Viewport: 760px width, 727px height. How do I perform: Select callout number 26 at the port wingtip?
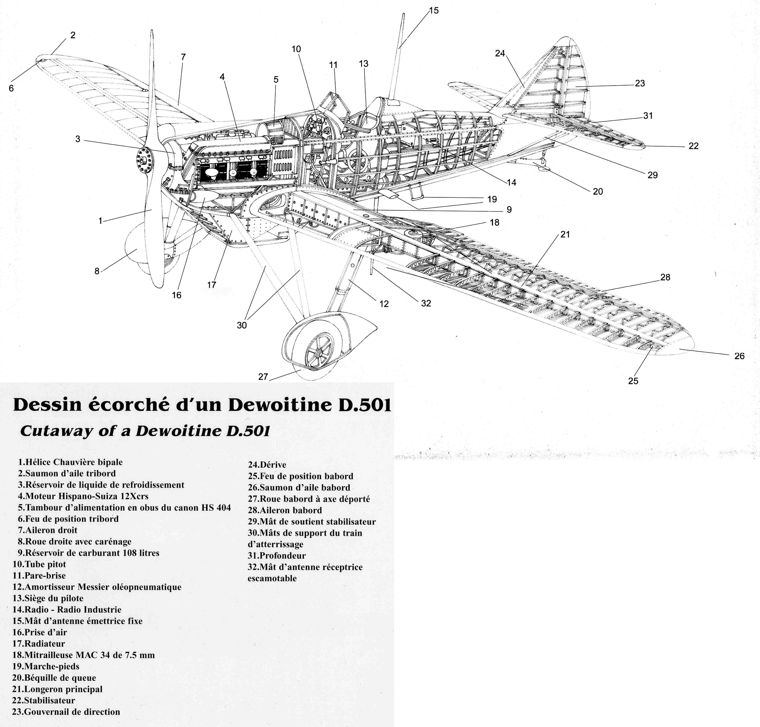coord(739,356)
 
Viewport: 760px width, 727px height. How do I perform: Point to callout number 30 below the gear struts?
coord(241,325)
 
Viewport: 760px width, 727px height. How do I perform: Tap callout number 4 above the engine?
coord(222,77)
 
